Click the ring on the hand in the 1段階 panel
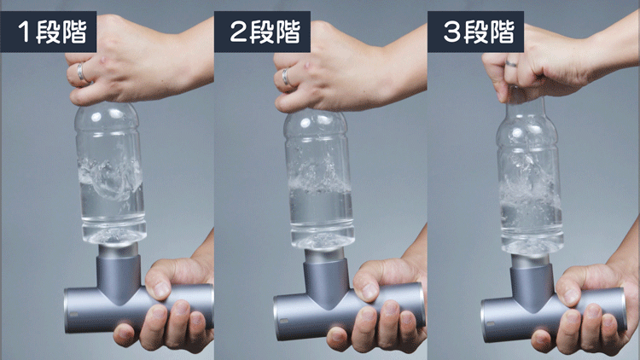(81, 73)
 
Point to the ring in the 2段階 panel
(286, 77)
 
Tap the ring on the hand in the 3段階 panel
(511, 63)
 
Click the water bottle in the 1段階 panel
(110, 173)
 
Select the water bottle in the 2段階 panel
(320, 180)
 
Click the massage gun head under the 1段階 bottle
(119, 250)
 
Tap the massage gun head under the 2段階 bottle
(325, 255)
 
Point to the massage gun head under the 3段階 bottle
(531, 260)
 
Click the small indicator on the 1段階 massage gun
(73, 315)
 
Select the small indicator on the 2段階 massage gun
(282, 321)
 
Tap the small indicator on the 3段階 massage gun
(490, 324)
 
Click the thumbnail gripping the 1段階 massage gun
(161, 289)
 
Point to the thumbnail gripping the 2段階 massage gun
(369, 291)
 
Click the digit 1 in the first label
(24, 32)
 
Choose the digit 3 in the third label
(451, 32)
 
